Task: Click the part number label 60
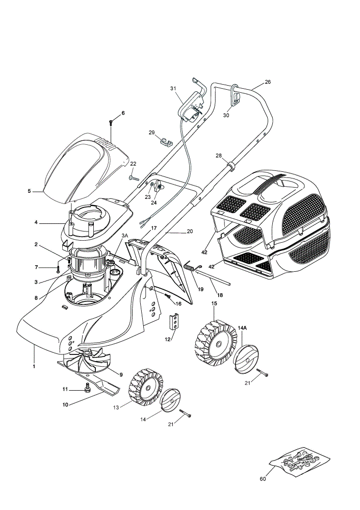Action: tap(263, 479)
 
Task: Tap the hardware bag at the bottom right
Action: tap(300, 459)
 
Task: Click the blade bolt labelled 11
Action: tap(87, 388)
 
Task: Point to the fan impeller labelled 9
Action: tap(88, 361)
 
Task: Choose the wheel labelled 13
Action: tap(146, 387)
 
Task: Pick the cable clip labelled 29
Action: tap(166, 142)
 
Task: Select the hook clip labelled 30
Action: tap(236, 95)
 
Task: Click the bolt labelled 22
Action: tap(134, 178)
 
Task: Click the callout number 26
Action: tap(267, 82)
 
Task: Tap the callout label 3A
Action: tap(124, 235)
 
